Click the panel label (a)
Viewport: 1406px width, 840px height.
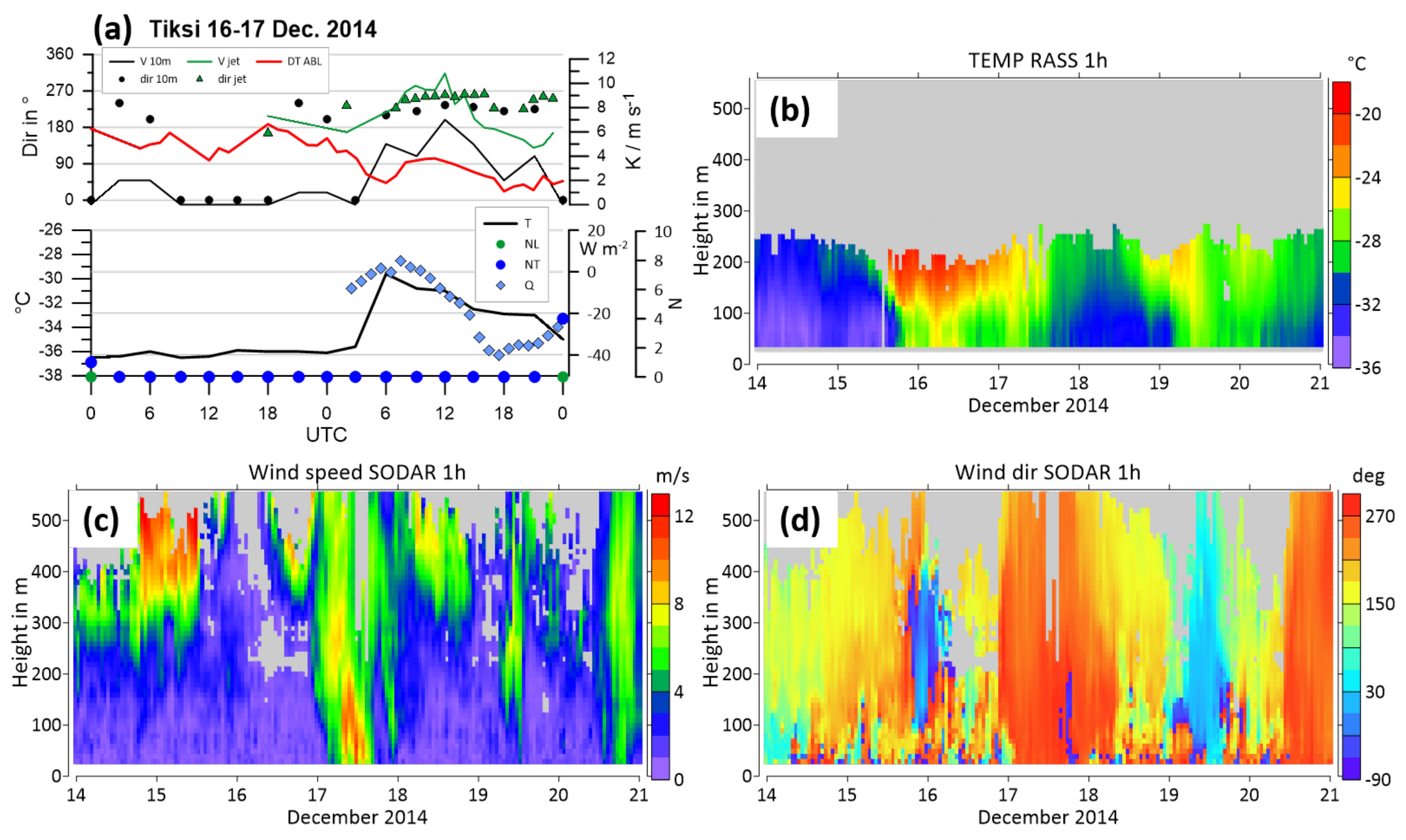click(112, 28)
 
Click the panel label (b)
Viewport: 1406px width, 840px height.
click(789, 110)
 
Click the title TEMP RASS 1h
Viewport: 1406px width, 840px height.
click(1037, 60)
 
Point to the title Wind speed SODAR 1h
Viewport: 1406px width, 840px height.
click(357, 472)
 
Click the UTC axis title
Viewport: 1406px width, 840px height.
click(326, 435)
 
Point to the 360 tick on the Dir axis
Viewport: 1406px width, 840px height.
click(60, 54)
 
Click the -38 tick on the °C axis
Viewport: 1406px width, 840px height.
click(51, 376)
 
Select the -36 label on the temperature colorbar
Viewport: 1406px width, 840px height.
click(1367, 368)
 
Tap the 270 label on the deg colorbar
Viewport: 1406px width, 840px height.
click(1380, 516)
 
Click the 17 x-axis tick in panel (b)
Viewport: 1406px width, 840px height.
click(998, 383)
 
